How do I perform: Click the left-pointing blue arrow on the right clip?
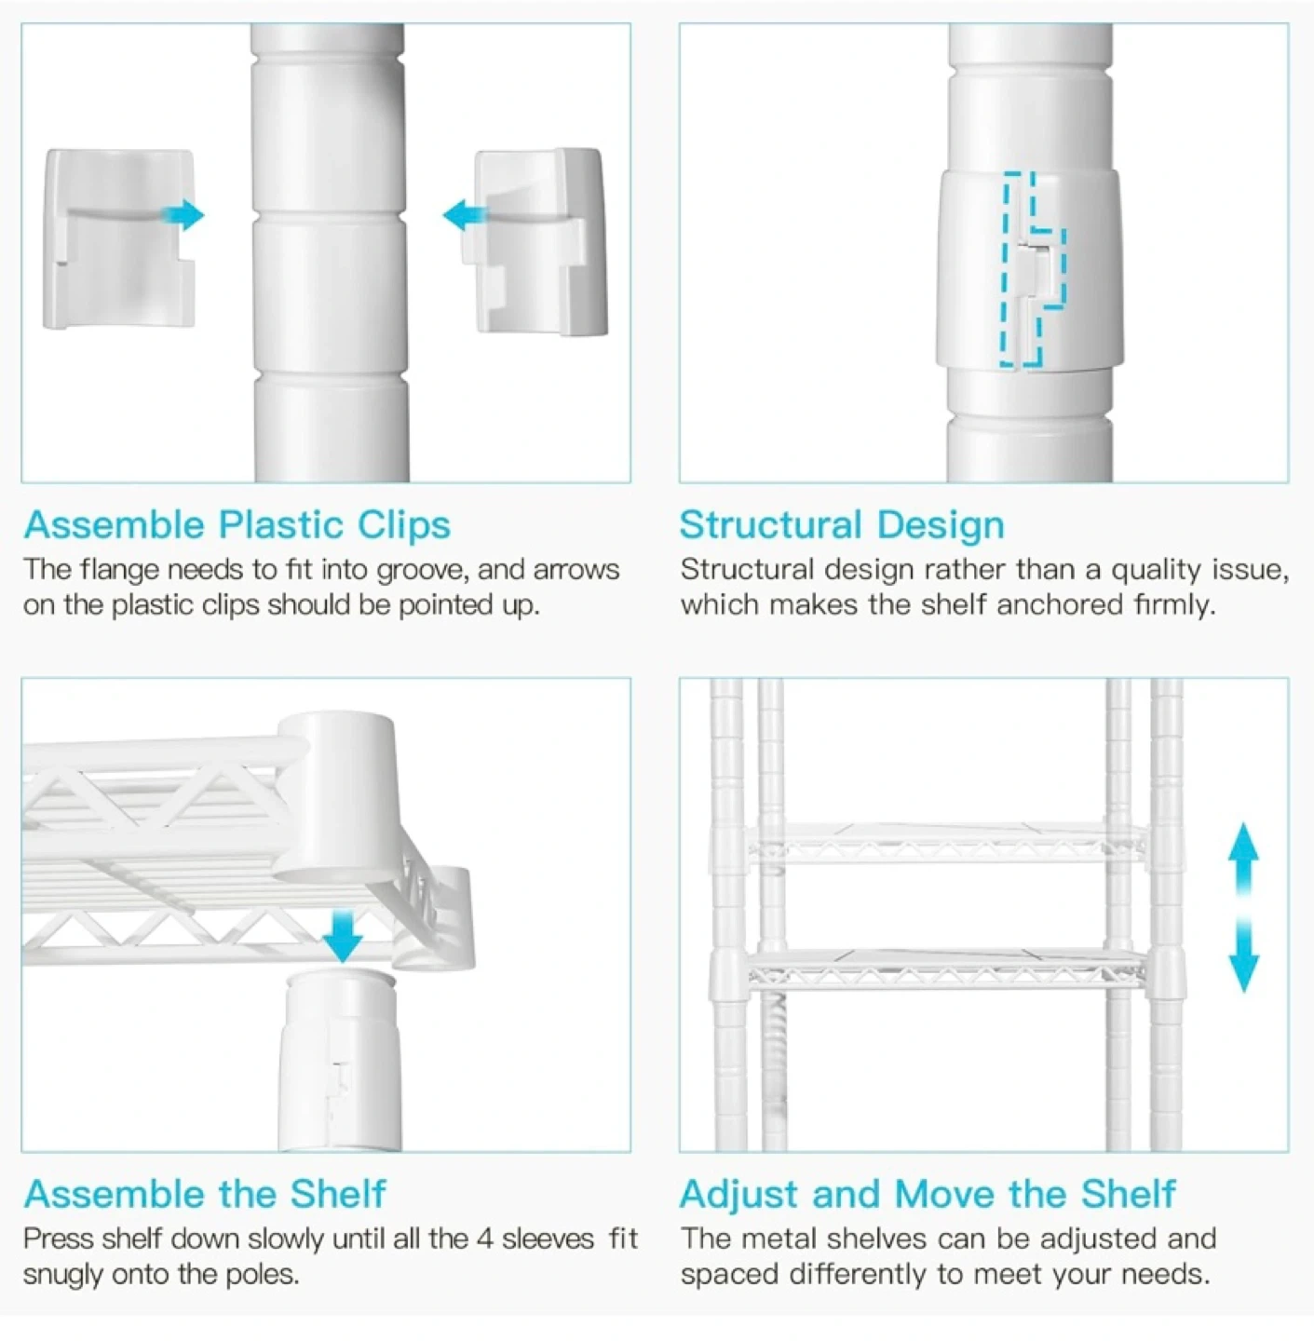[x=464, y=215]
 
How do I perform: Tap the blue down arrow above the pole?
[x=343, y=936]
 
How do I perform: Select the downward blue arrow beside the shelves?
[x=1244, y=955]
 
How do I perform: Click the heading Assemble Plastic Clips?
[x=237, y=524]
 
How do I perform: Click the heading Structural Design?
[x=842, y=524]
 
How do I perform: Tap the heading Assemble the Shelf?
[x=205, y=1194]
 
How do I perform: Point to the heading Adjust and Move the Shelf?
[x=928, y=1194]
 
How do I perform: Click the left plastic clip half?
[x=118, y=238]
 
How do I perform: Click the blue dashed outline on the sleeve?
[x=1033, y=269]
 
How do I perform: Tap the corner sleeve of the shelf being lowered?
[x=335, y=797]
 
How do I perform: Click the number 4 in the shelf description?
[x=485, y=1239]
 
